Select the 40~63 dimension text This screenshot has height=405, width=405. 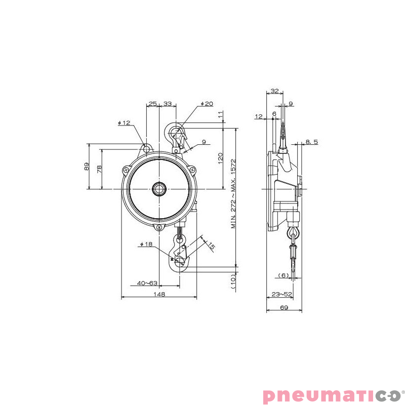[147, 283]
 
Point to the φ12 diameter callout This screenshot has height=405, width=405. [124, 123]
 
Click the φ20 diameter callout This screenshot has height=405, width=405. [207, 104]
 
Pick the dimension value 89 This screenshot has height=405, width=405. [87, 167]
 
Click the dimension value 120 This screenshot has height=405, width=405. [220, 158]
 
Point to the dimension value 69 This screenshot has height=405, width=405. [284, 308]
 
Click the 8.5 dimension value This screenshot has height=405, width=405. [312, 142]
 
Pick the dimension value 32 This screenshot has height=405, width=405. [274, 91]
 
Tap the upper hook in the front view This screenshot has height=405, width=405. [177, 136]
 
